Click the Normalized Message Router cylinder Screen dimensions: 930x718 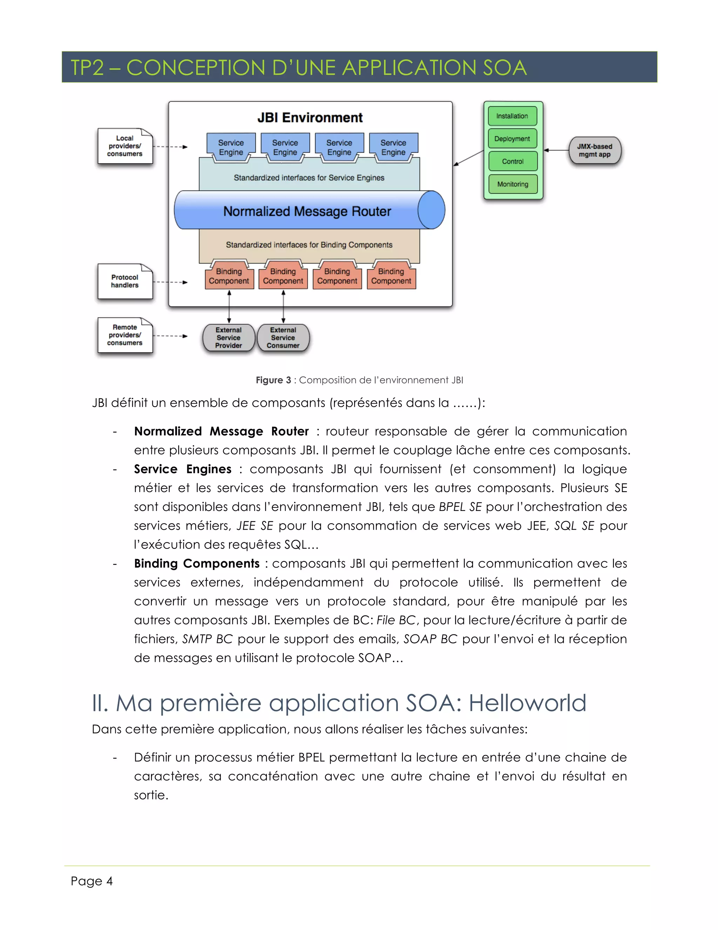click(307, 210)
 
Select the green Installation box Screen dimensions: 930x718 click(512, 116)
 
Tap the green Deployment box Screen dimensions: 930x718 click(512, 139)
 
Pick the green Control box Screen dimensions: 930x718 click(513, 161)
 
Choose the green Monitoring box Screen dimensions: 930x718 click(513, 184)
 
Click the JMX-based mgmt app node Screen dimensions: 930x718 click(595, 150)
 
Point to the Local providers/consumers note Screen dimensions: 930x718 click(124, 146)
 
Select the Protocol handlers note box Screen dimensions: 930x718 click(124, 281)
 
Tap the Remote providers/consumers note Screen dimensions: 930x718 click(124, 335)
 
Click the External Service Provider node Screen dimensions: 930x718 click(229, 338)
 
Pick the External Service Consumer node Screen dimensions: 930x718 click(283, 338)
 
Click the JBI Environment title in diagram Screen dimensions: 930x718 click(310, 118)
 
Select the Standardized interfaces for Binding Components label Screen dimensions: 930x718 click(309, 245)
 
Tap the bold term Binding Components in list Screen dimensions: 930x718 click(197, 563)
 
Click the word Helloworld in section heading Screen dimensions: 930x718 click(527, 703)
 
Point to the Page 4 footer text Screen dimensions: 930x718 click(92, 881)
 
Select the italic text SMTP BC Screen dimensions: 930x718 click(207, 639)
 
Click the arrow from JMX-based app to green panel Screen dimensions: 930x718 click(556, 150)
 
